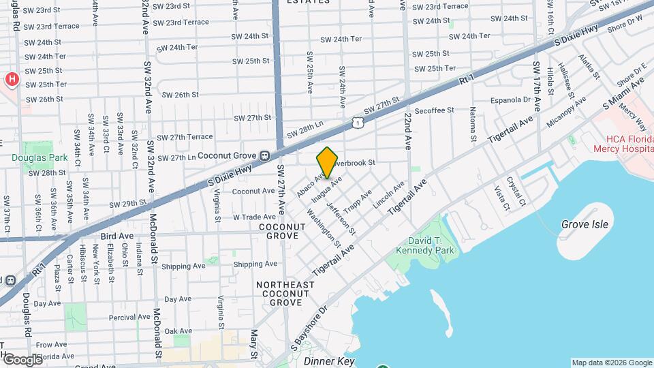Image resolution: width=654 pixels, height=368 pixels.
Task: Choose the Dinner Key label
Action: (330, 361)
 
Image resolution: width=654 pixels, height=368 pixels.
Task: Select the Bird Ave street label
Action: (116, 236)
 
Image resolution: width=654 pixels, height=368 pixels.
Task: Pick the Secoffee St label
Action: (434, 110)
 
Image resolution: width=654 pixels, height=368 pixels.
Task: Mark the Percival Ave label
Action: (129, 317)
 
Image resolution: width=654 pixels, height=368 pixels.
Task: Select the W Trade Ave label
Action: (253, 217)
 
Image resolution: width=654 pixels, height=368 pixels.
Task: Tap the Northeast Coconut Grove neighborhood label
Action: (285, 293)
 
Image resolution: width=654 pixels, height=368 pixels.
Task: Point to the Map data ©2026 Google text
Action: (611, 363)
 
